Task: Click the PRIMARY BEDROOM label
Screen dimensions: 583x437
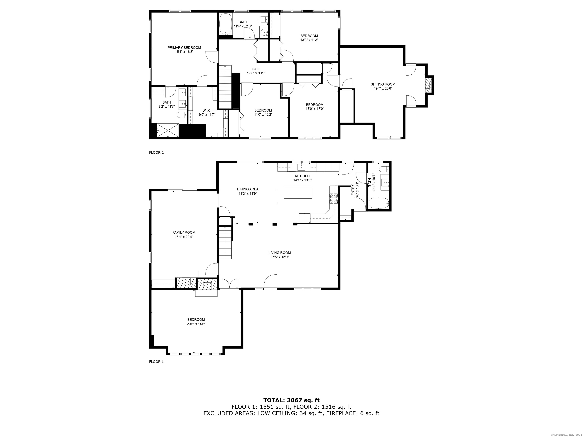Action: (184, 48)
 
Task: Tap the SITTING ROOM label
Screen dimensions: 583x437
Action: (383, 84)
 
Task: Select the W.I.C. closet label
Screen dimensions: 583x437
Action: (207, 111)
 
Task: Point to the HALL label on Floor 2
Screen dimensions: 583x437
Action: (256, 69)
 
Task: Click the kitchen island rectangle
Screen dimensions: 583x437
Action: (298, 193)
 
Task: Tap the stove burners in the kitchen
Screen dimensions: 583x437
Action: (333, 199)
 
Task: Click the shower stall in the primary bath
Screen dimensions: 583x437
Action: (168, 130)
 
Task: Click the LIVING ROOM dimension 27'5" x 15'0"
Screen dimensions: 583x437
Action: (279, 257)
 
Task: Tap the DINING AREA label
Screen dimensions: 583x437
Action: (247, 189)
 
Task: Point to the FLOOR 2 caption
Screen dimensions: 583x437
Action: (156, 152)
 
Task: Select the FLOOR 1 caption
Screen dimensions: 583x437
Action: (156, 362)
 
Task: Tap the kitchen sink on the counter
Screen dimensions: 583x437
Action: (301, 167)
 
